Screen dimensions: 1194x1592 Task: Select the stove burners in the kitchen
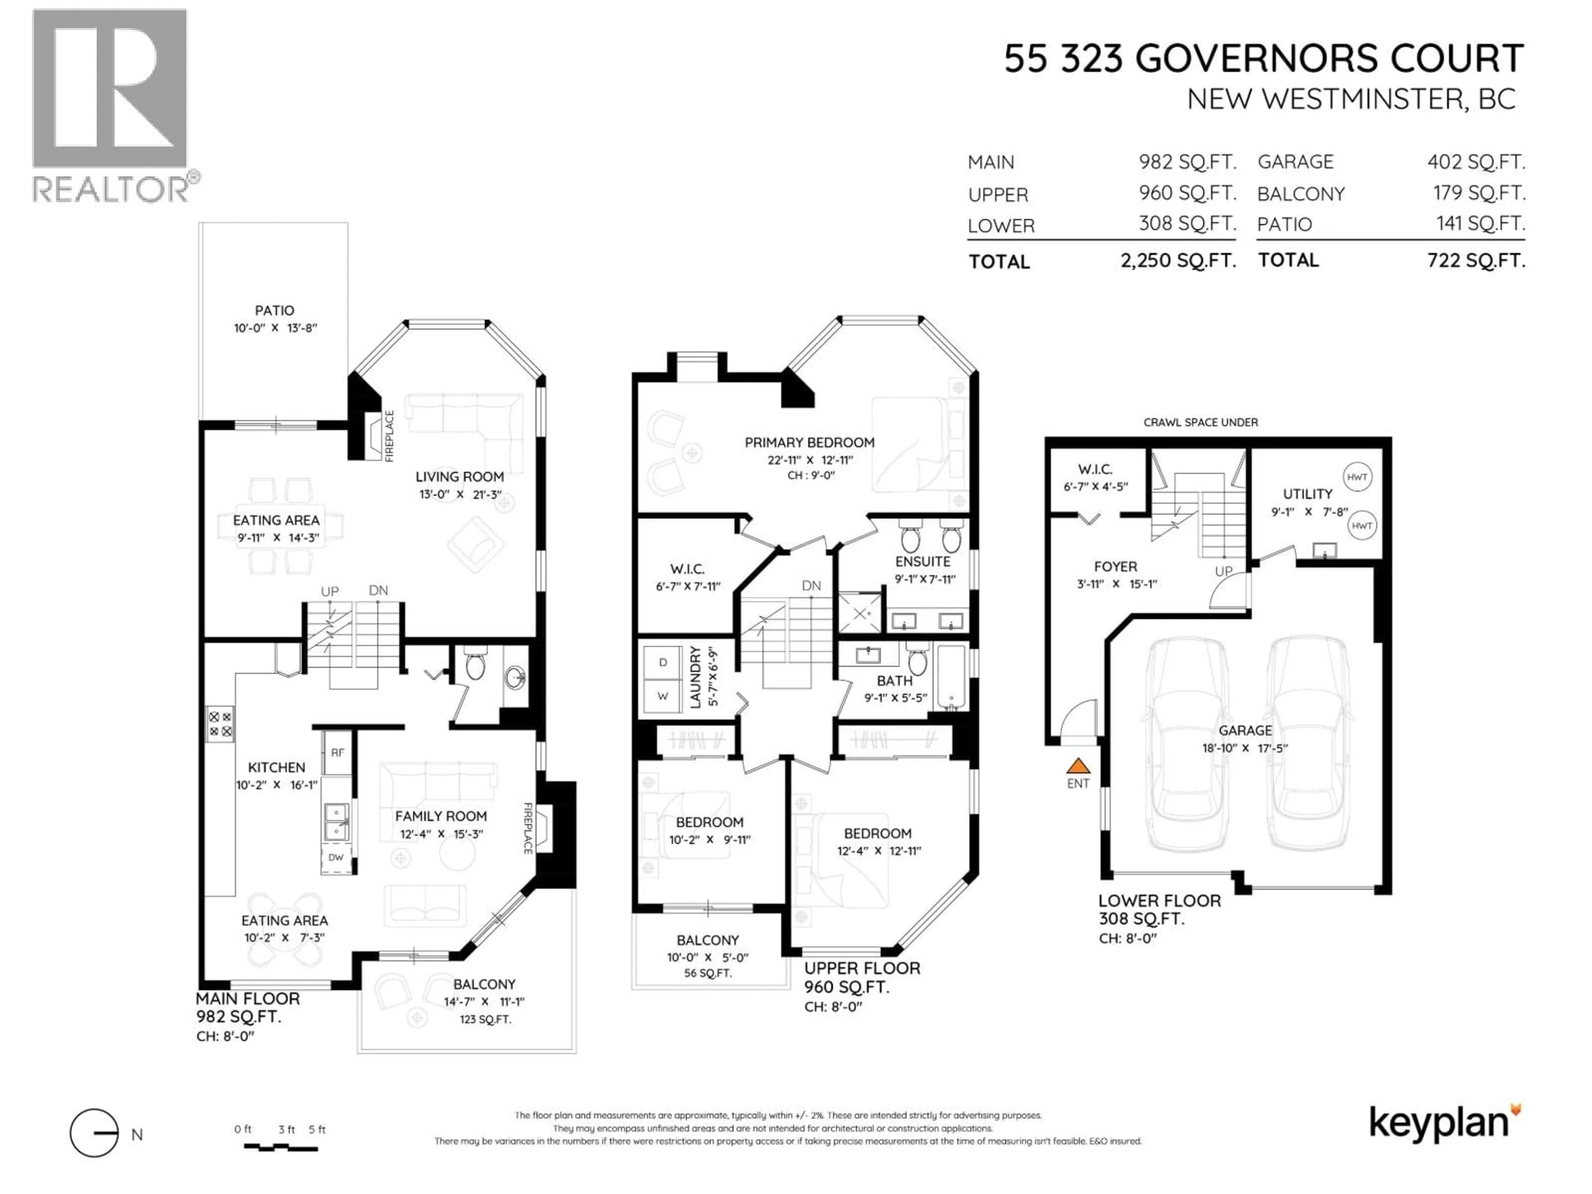click(220, 724)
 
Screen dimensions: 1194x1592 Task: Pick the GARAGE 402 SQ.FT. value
click(1476, 162)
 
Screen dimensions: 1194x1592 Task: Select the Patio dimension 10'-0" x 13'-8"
click(275, 328)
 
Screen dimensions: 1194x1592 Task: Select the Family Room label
click(440, 816)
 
